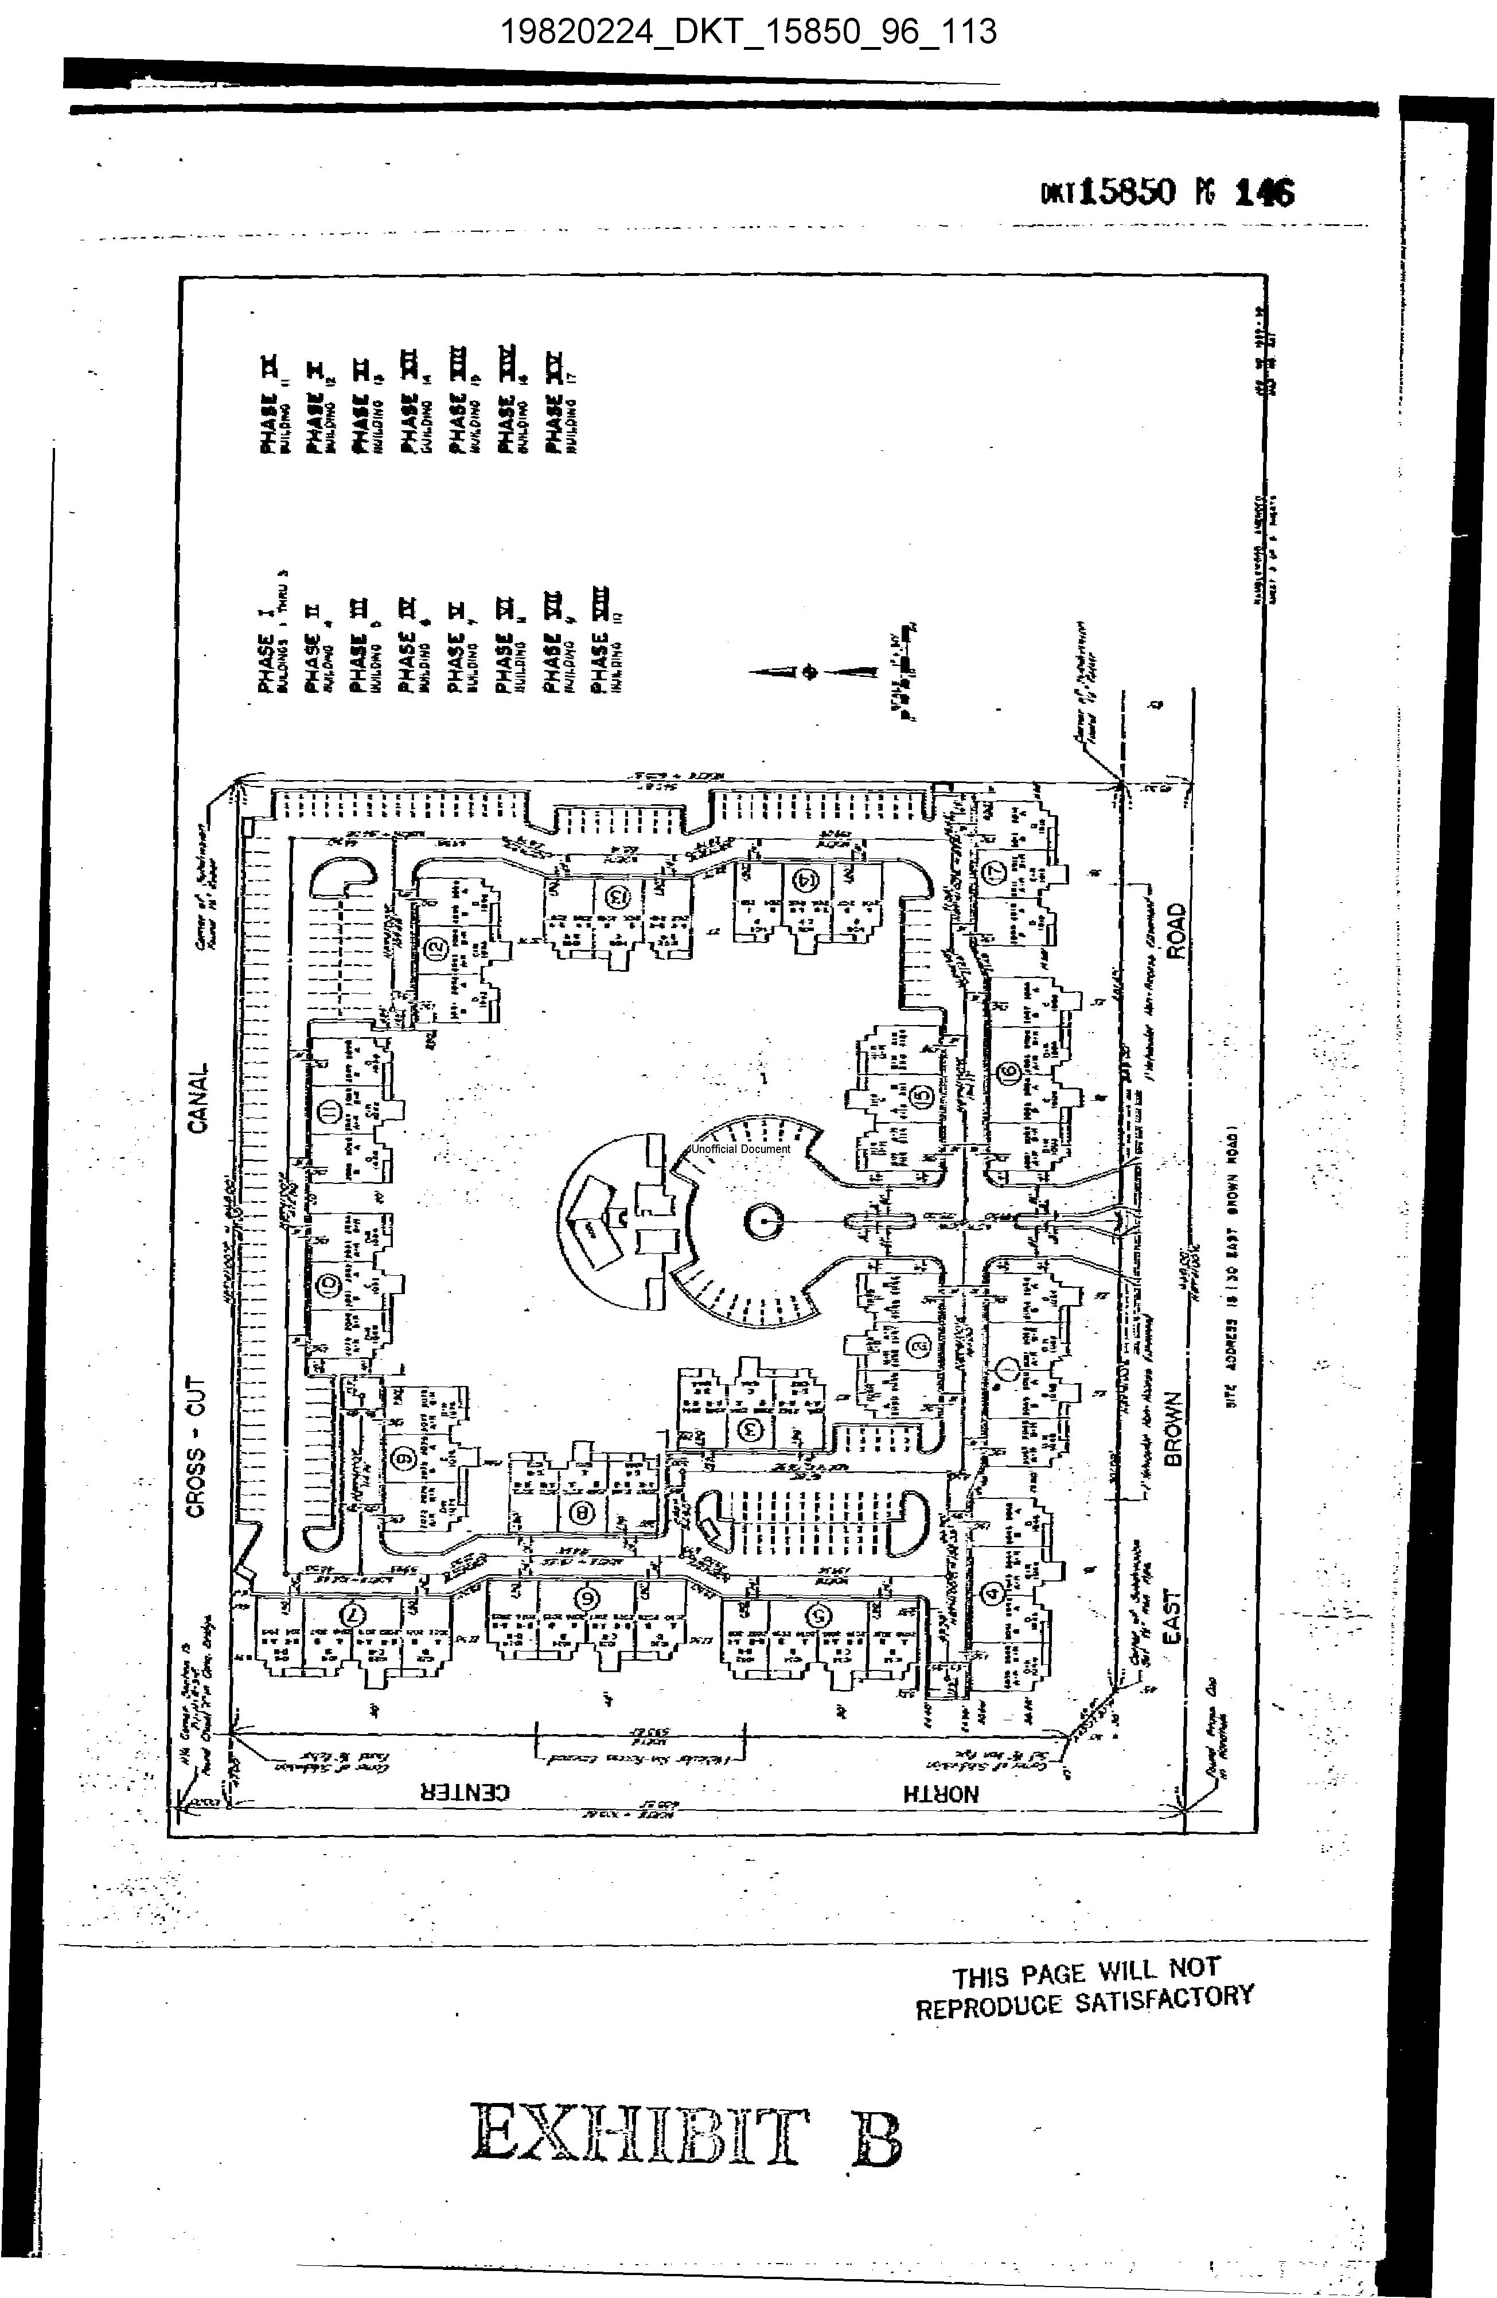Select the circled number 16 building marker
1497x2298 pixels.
coord(1009,1072)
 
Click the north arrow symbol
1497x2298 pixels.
coord(811,672)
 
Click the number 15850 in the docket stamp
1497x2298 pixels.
coord(1127,192)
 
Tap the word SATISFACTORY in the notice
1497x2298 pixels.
coord(1164,1999)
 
